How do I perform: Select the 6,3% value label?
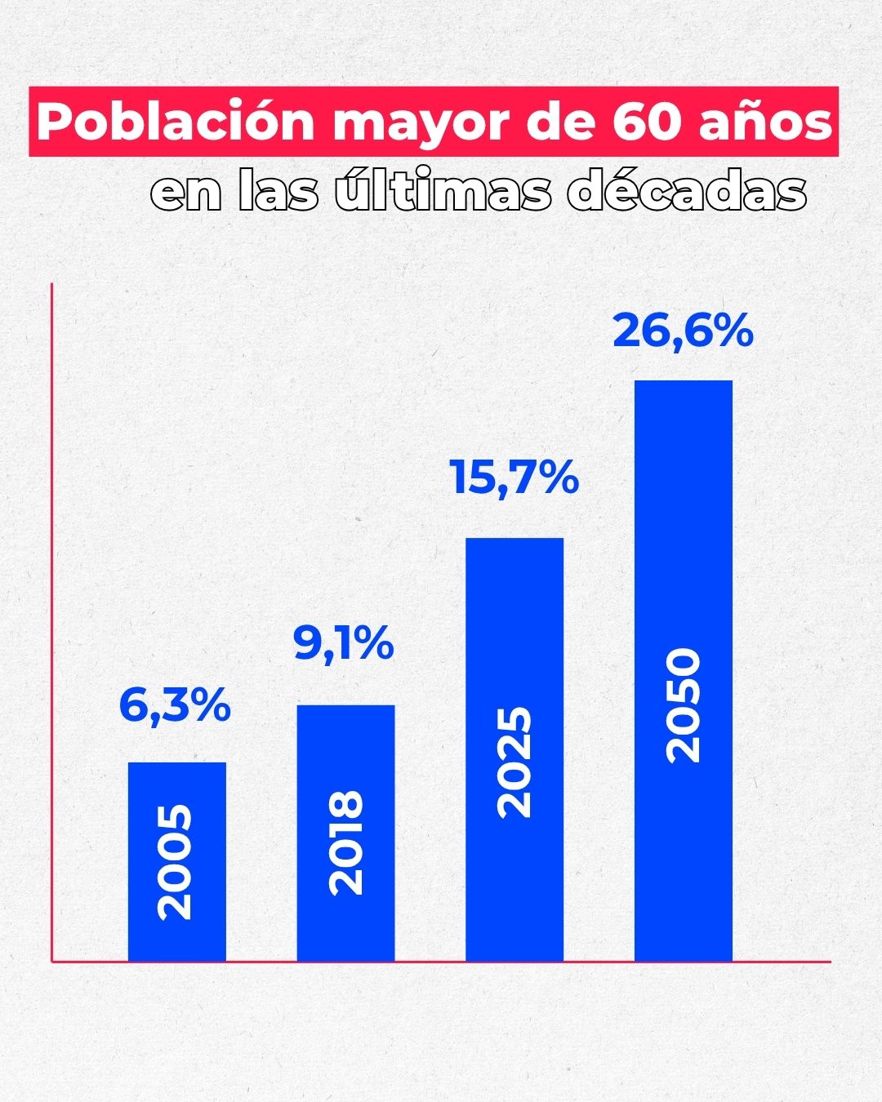click(175, 705)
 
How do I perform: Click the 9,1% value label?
click(344, 644)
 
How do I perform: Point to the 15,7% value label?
click(514, 478)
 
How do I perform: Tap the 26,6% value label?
click(683, 331)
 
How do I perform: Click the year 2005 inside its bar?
click(176, 862)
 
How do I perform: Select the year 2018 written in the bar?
click(345, 842)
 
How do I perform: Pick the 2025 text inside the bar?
click(514, 762)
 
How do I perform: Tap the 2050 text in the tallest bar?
click(684, 705)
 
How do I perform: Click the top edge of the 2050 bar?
click(684, 382)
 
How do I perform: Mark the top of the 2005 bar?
click(176, 764)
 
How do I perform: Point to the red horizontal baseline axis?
click(441, 962)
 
